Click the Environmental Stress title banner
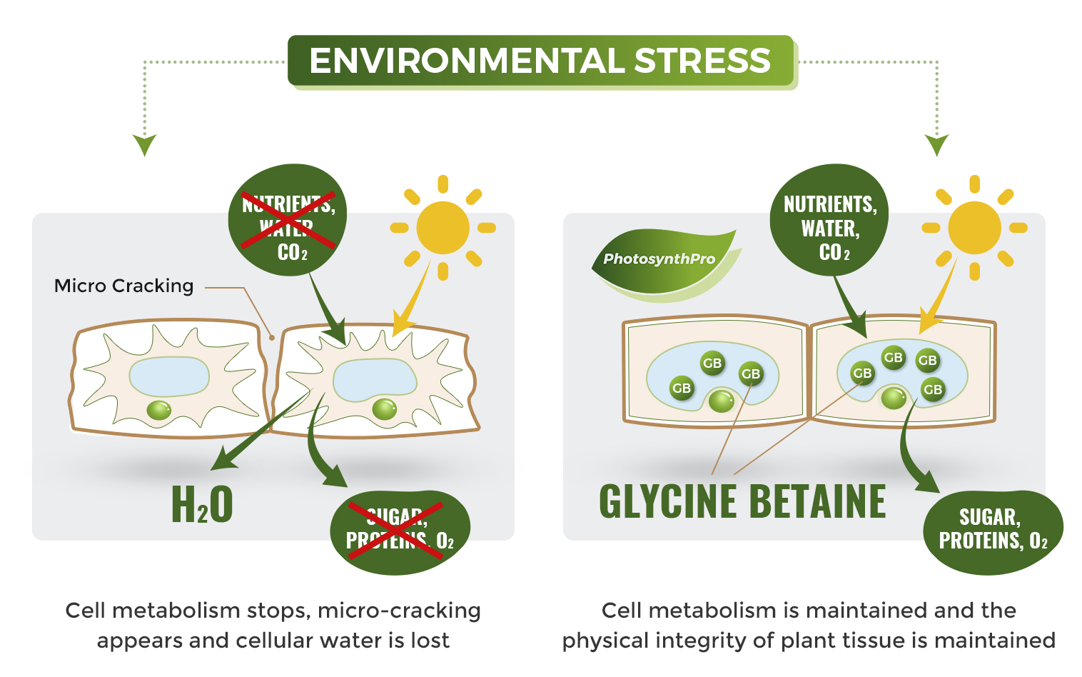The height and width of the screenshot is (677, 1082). tap(541, 61)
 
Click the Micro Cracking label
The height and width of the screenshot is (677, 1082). tap(124, 286)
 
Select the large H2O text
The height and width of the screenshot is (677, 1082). tap(202, 504)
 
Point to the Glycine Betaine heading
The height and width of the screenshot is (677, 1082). tap(742, 501)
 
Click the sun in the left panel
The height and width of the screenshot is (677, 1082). tap(443, 228)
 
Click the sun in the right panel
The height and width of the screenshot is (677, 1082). tap(974, 228)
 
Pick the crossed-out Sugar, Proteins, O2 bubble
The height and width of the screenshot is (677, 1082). tap(400, 532)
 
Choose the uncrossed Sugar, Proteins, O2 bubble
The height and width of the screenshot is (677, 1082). tap(993, 532)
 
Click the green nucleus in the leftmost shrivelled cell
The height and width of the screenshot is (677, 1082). tap(158, 410)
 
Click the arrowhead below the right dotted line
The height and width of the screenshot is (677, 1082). tap(936, 144)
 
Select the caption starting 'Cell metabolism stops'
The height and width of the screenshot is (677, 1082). tap(273, 626)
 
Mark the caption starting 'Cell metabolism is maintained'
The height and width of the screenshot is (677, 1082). tap(809, 626)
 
